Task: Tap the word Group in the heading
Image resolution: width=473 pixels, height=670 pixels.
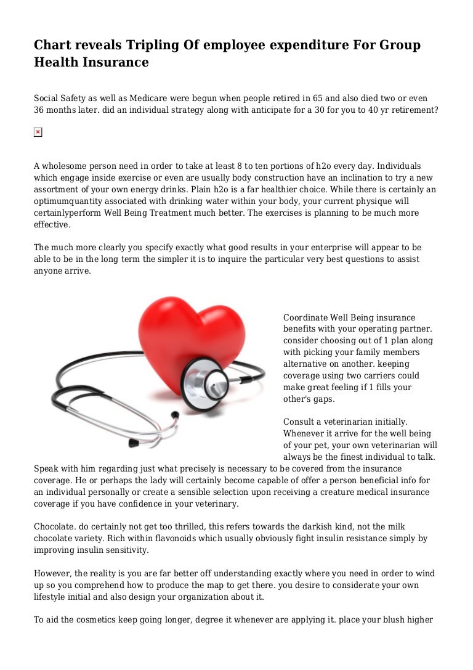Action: [398, 46]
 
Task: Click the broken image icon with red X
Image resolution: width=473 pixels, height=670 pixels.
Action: [38, 133]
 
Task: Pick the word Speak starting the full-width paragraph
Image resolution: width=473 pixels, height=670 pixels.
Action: [46, 468]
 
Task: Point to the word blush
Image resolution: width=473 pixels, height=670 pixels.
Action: [390, 620]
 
